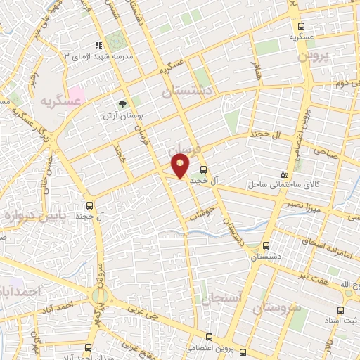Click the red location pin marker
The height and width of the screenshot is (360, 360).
(x=181, y=167)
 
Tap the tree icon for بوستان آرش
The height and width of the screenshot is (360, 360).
(x=124, y=103)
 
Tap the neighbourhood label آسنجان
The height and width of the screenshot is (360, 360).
(x=222, y=298)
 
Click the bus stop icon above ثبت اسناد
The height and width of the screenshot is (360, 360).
(x=340, y=310)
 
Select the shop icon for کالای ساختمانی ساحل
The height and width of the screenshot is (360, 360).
(x=284, y=174)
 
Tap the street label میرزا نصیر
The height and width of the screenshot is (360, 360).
(x=306, y=205)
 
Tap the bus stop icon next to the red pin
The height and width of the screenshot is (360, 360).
(x=203, y=169)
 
